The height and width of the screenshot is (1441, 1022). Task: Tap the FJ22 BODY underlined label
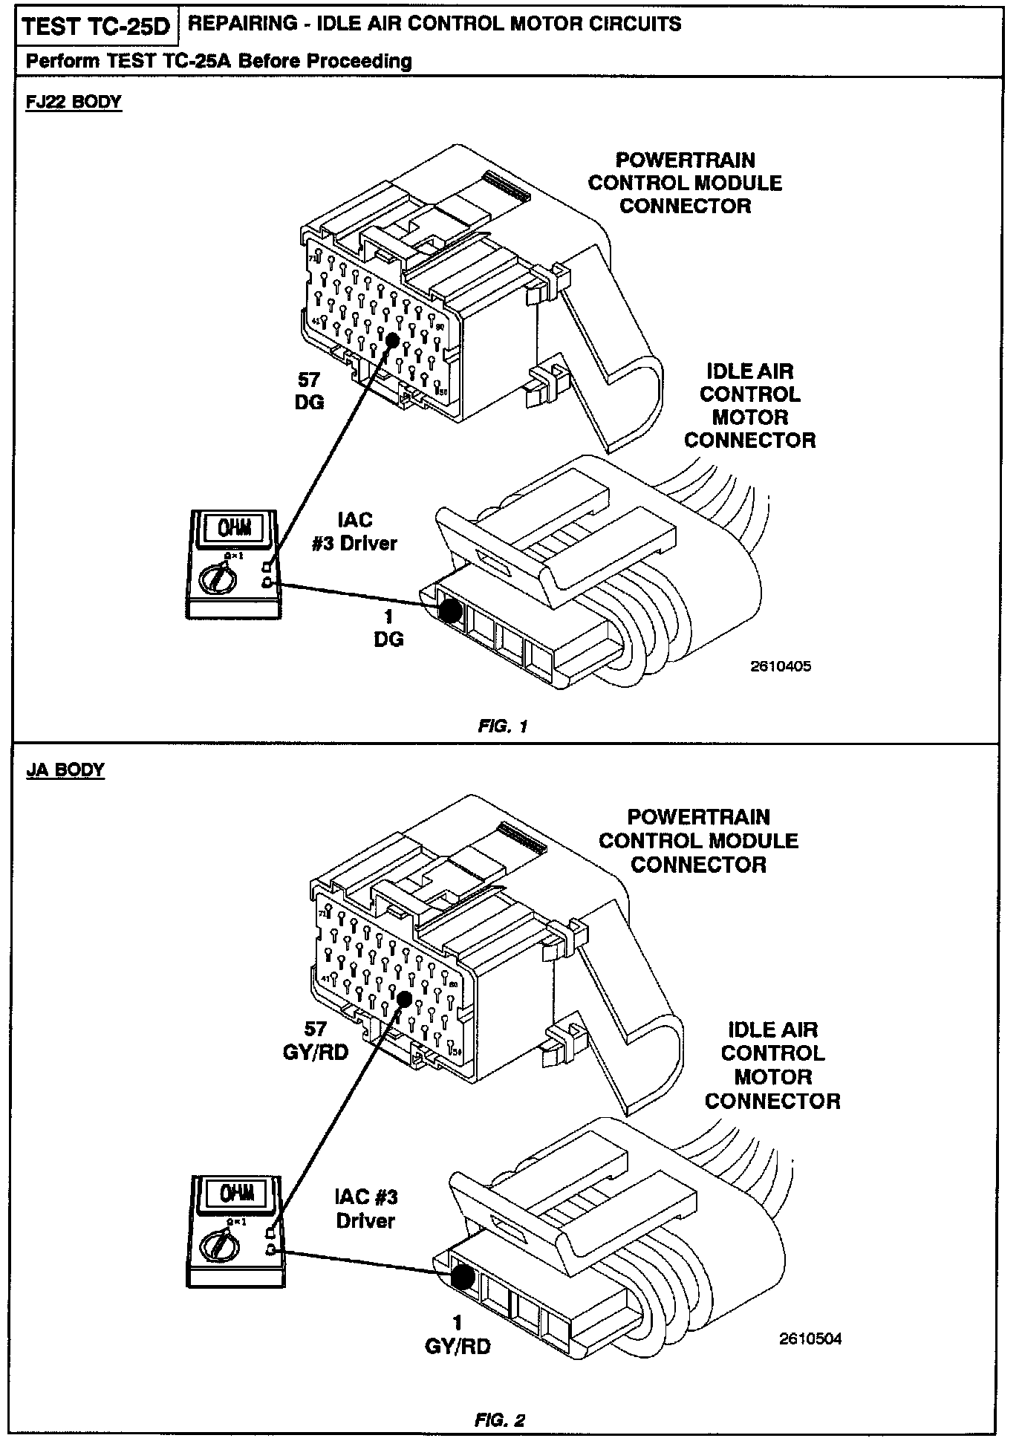[x=73, y=102]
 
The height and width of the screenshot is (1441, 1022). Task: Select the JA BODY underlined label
[x=65, y=770]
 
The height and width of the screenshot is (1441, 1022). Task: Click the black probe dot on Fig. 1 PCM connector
[x=391, y=339]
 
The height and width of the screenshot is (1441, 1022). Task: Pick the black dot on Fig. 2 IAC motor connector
[x=463, y=1277]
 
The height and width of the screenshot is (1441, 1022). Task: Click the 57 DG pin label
[x=309, y=391]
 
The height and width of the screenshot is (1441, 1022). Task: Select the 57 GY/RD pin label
[x=316, y=1041]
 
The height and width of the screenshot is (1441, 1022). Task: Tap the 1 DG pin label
[x=388, y=628]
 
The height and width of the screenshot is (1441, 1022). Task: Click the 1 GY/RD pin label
[x=458, y=1335]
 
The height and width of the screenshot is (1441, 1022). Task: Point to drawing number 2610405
[x=781, y=666]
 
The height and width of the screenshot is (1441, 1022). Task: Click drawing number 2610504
[x=810, y=1339]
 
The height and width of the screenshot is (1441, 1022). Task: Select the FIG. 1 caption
[x=503, y=726]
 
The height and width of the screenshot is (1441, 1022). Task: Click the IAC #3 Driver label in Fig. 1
[x=354, y=532]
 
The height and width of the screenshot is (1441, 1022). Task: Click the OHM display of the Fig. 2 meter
[x=235, y=1194]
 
